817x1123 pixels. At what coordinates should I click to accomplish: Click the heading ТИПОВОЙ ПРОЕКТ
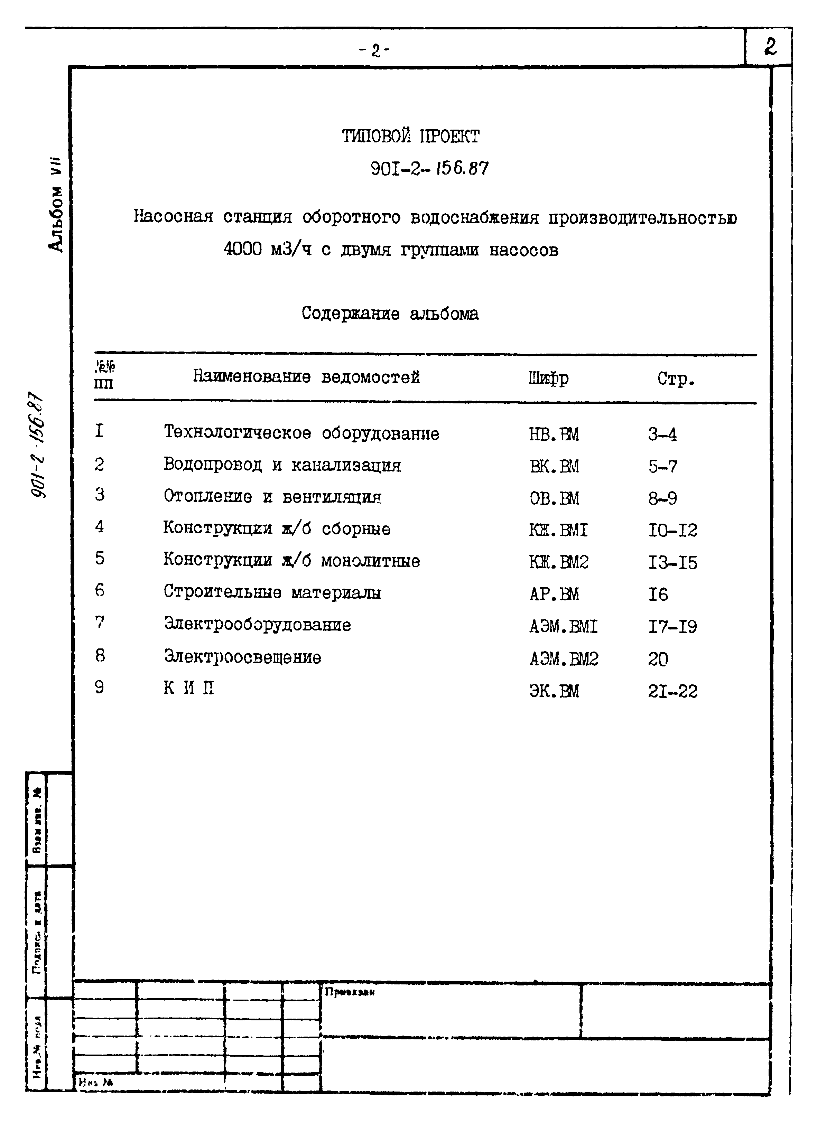(x=410, y=136)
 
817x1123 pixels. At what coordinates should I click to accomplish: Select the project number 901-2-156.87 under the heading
(x=429, y=169)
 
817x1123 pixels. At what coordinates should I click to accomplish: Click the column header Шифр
(x=548, y=378)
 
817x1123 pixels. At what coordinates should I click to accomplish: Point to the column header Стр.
(x=675, y=379)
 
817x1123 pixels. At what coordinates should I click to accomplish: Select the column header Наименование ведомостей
(x=306, y=377)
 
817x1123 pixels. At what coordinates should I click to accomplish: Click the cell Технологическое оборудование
(x=301, y=433)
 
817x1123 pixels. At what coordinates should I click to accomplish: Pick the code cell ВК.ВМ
(x=554, y=466)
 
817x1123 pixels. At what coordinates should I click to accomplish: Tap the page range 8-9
(x=662, y=498)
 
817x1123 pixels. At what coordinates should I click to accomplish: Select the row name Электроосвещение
(x=243, y=657)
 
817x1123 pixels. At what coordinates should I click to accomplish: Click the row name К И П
(x=189, y=688)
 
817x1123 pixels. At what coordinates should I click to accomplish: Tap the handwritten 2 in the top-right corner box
(x=770, y=48)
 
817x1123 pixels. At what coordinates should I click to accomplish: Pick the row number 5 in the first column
(x=100, y=558)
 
